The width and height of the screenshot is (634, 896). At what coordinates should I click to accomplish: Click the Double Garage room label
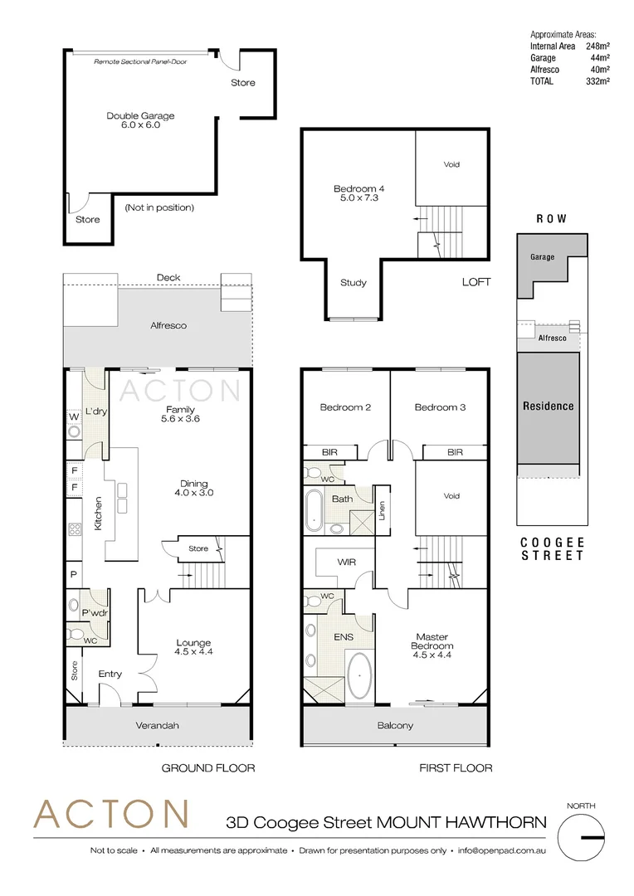[140, 120]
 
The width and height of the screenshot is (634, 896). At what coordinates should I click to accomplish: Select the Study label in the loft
[354, 283]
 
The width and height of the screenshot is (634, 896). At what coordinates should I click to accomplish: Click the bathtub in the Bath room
[315, 511]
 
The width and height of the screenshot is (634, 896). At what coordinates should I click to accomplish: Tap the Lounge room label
[193, 647]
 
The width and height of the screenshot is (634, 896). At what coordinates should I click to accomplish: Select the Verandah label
[158, 726]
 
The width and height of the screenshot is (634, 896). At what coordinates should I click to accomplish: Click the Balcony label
[395, 726]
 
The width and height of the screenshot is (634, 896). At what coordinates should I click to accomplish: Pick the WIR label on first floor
[346, 562]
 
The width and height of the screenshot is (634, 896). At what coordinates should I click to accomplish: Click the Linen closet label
[383, 512]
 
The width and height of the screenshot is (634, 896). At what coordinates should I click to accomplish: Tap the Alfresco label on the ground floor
[168, 326]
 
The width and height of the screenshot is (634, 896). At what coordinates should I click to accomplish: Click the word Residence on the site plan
[548, 406]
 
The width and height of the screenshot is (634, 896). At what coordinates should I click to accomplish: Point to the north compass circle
[583, 838]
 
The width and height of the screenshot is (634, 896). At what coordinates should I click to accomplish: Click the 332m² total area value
[597, 81]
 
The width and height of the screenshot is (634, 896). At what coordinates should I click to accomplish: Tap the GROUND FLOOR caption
[207, 768]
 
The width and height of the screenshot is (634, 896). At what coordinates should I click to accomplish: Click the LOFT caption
[476, 282]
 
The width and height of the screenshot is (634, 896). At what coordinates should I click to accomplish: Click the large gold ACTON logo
[110, 816]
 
